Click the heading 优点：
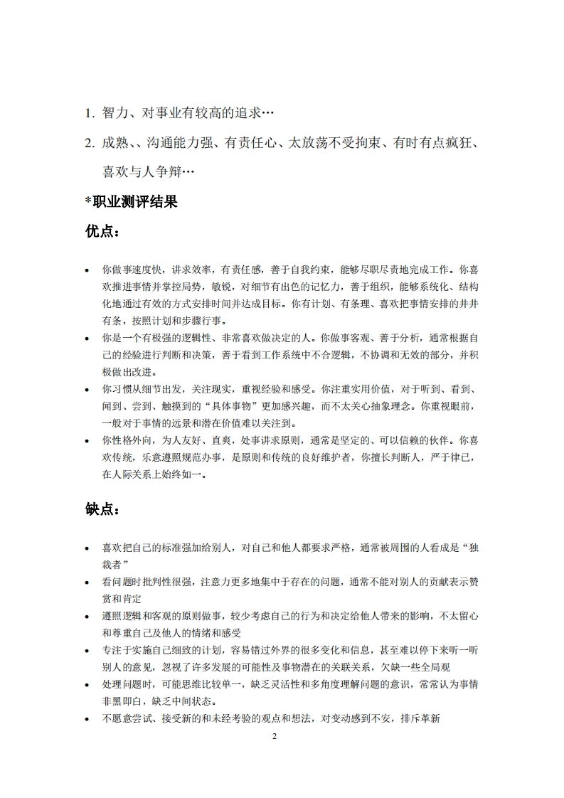102,232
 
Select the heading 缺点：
102,509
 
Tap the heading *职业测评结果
131,202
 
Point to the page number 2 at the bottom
275,736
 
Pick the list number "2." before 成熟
90,142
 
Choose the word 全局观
435,667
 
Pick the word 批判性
159,582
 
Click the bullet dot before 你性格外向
87,441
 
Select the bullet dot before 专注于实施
87,651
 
